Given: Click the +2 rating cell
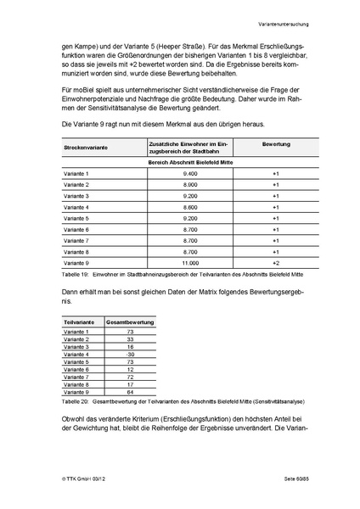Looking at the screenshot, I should (x=275, y=262).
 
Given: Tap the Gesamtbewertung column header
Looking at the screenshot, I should (x=129, y=323).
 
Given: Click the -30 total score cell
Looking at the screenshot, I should (x=129, y=355).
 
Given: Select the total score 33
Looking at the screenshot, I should (x=129, y=339).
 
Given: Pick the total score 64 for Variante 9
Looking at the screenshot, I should (x=129, y=393).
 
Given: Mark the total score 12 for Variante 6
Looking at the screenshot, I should (x=129, y=370).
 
